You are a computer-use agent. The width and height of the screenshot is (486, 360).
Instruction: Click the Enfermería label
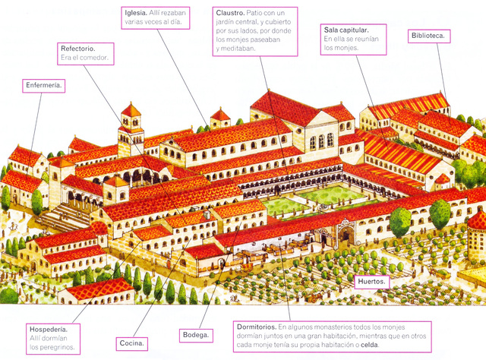point(44,85)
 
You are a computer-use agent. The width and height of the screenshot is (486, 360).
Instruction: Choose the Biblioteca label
point(429,35)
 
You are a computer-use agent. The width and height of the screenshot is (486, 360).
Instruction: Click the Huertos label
point(372,282)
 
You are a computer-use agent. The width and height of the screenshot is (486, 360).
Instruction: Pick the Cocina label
point(131,344)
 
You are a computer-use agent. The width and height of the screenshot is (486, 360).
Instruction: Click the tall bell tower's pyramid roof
point(131,110)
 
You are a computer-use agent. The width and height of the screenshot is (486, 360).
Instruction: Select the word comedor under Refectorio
point(96,58)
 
